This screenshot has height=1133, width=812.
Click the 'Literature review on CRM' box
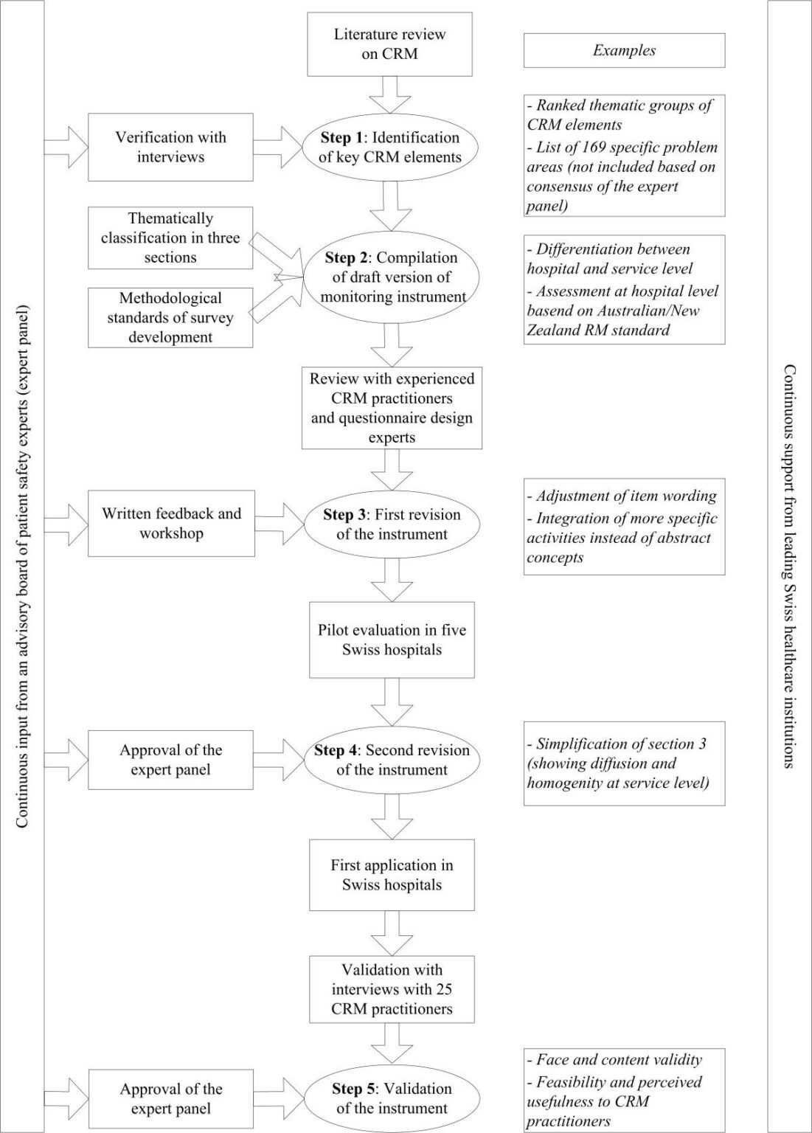[389, 44]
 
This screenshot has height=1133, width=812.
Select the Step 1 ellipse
[390, 148]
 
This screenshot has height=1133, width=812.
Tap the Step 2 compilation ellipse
[392, 277]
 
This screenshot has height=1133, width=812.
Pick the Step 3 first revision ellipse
[392, 524]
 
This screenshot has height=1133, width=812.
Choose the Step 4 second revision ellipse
[392, 760]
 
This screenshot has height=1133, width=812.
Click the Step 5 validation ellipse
[392, 1098]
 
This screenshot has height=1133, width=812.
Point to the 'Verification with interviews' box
[170, 147]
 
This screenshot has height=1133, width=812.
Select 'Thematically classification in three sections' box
[170, 238]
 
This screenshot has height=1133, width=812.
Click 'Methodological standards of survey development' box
[170, 318]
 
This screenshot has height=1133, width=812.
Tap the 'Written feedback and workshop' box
[171, 523]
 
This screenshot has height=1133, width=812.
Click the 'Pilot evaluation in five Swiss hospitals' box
[392, 640]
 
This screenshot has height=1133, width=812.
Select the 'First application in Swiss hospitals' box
[392, 875]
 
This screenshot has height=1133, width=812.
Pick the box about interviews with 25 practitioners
[392, 989]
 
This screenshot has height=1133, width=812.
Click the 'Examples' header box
[624, 50]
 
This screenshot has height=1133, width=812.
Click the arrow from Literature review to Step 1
[389, 94]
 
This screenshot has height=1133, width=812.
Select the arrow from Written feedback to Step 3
[280, 524]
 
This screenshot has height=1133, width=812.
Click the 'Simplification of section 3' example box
[624, 763]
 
